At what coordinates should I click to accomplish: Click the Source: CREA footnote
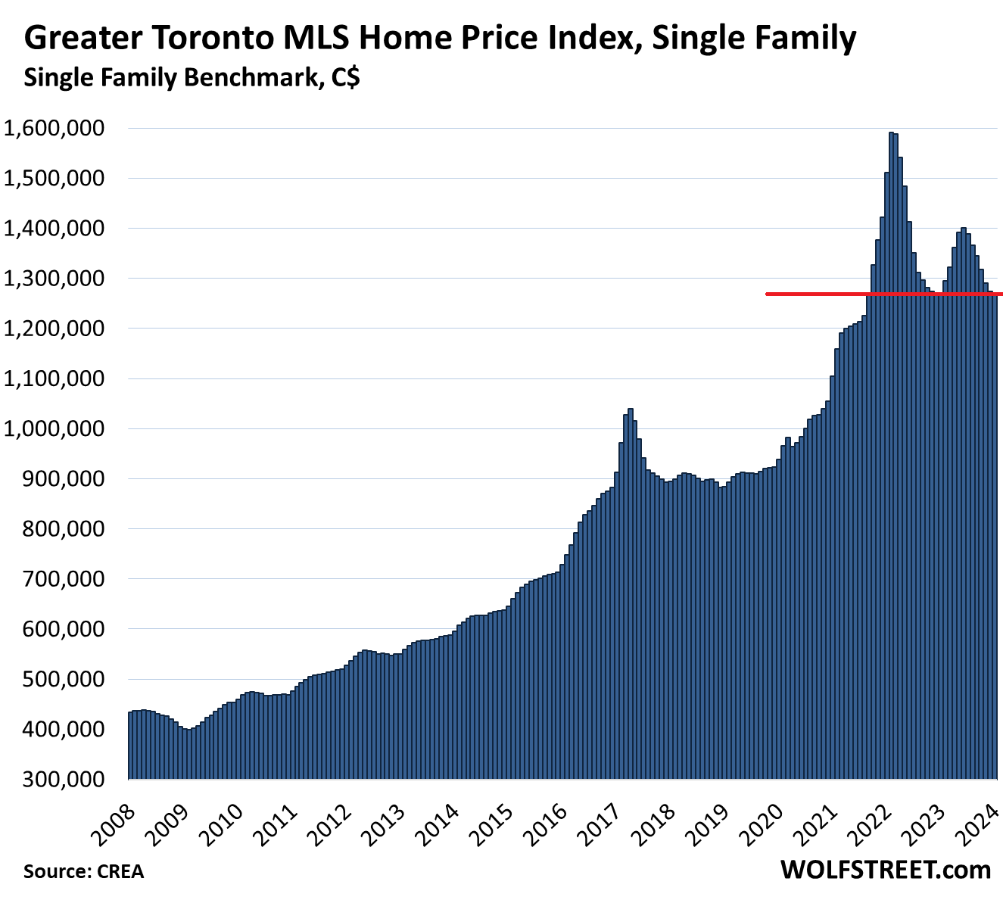click(x=83, y=871)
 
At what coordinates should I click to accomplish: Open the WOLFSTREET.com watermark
click(x=885, y=870)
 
